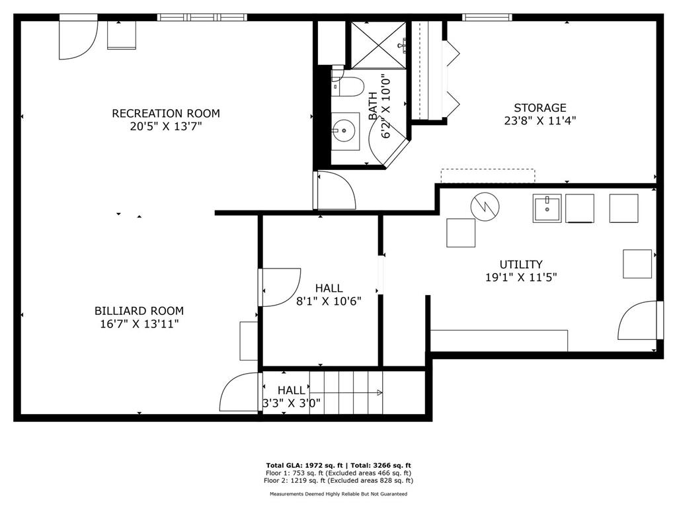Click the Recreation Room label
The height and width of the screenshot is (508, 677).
tap(165, 113)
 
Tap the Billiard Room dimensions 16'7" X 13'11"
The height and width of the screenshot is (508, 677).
tap(139, 323)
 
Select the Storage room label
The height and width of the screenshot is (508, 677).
tap(540, 108)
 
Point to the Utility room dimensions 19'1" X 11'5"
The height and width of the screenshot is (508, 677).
tap(521, 278)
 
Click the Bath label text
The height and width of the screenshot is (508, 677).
tap(373, 106)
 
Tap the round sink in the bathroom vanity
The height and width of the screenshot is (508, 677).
tap(344, 130)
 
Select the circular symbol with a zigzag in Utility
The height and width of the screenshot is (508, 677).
tap(485, 206)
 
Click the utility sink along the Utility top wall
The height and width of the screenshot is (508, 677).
tap(547, 208)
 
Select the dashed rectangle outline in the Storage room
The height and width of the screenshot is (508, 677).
tap(488, 176)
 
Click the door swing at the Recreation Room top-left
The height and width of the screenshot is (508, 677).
tap(76, 38)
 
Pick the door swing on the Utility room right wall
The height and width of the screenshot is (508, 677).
tap(637, 322)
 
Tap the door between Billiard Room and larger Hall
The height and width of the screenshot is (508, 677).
tap(280, 287)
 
